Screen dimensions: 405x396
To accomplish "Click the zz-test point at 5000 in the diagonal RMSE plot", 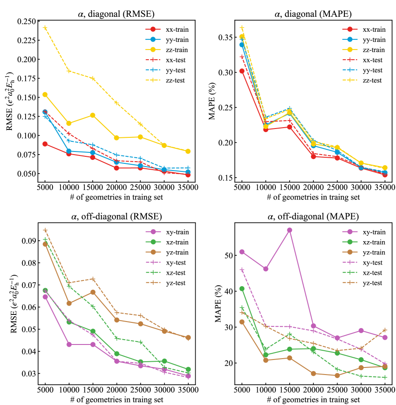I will coord(45,27).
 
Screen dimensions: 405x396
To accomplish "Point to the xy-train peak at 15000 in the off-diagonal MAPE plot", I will coord(290,230).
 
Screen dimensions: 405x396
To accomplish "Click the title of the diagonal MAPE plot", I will coord(313,14).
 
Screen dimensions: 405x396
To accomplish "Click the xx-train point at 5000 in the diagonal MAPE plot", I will coord(242,71).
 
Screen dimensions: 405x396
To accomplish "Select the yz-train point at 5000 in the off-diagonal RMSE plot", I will coord(45,244).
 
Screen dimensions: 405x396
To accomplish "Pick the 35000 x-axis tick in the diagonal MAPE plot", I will coord(385,187).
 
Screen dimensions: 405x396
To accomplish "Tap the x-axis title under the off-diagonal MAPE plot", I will coord(313,399).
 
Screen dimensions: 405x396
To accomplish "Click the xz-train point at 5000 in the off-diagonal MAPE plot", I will coord(242,289).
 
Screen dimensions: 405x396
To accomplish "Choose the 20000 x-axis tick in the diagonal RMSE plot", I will coord(116,187).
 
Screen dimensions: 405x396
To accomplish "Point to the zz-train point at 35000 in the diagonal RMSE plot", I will coord(188,151).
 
